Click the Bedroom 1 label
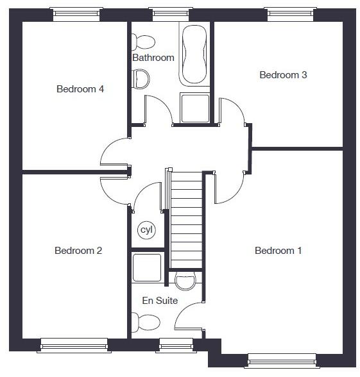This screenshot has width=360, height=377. point(278,251)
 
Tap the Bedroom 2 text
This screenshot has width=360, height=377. point(78,251)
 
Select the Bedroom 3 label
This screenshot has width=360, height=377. point(283,75)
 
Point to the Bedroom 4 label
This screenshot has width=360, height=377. point(80,89)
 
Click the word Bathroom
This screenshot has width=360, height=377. point(153,58)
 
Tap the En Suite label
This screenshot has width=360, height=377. point(160,300)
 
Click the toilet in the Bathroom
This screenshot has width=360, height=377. point(142,42)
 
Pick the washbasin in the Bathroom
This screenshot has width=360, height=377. point(141,80)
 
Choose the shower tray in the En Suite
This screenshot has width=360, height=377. point(146,267)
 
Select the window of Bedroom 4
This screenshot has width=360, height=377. point(76,13)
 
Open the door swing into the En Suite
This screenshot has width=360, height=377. point(189,319)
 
